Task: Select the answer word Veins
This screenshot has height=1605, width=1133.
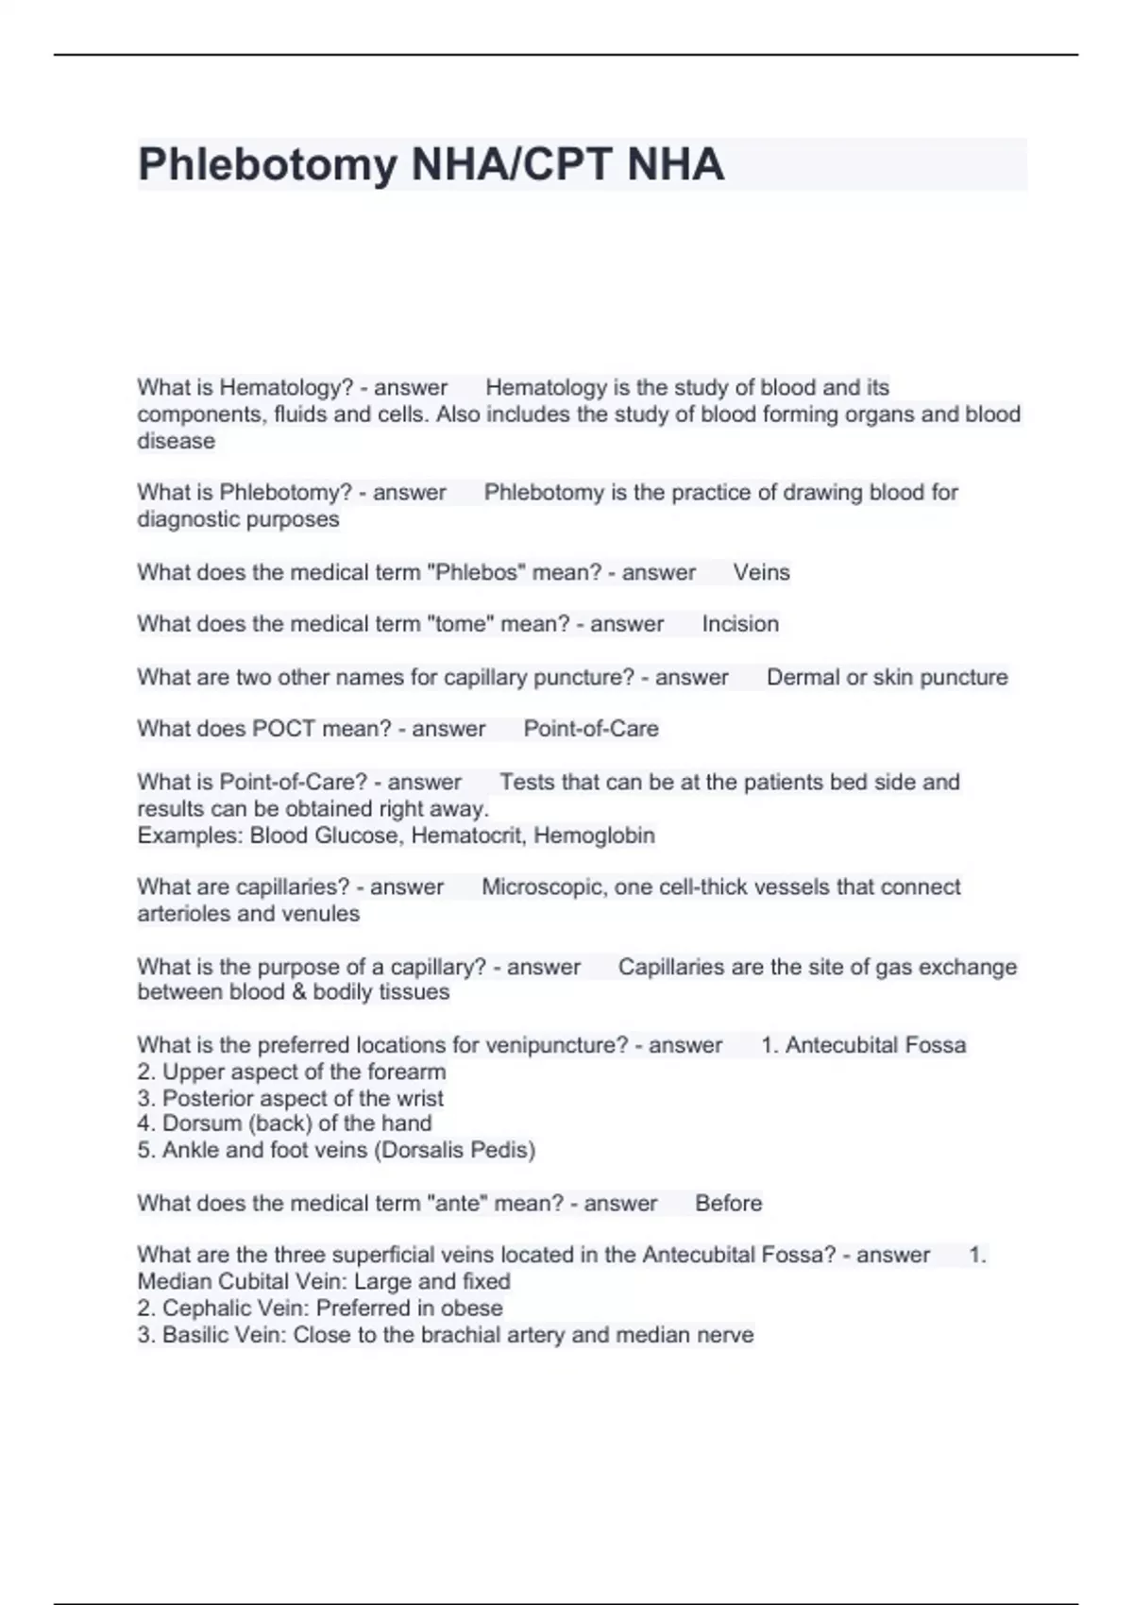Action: click(x=761, y=572)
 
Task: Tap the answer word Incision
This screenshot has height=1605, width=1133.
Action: click(x=740, y=624)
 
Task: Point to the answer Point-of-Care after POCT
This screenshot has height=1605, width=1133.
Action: click(x=591, y=729)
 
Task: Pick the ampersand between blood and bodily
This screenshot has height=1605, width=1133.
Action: click(x=298, y=992)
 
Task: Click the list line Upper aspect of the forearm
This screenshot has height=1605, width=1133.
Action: click(x=292, y=1072)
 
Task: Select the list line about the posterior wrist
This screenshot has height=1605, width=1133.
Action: click(x=291, y=1098)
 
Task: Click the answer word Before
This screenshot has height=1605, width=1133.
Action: click(x=728, y=1203)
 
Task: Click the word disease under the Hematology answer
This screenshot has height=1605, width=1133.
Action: click(x=177, y=441)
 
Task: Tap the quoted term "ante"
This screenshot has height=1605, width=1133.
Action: click(x=457, y=1203)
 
